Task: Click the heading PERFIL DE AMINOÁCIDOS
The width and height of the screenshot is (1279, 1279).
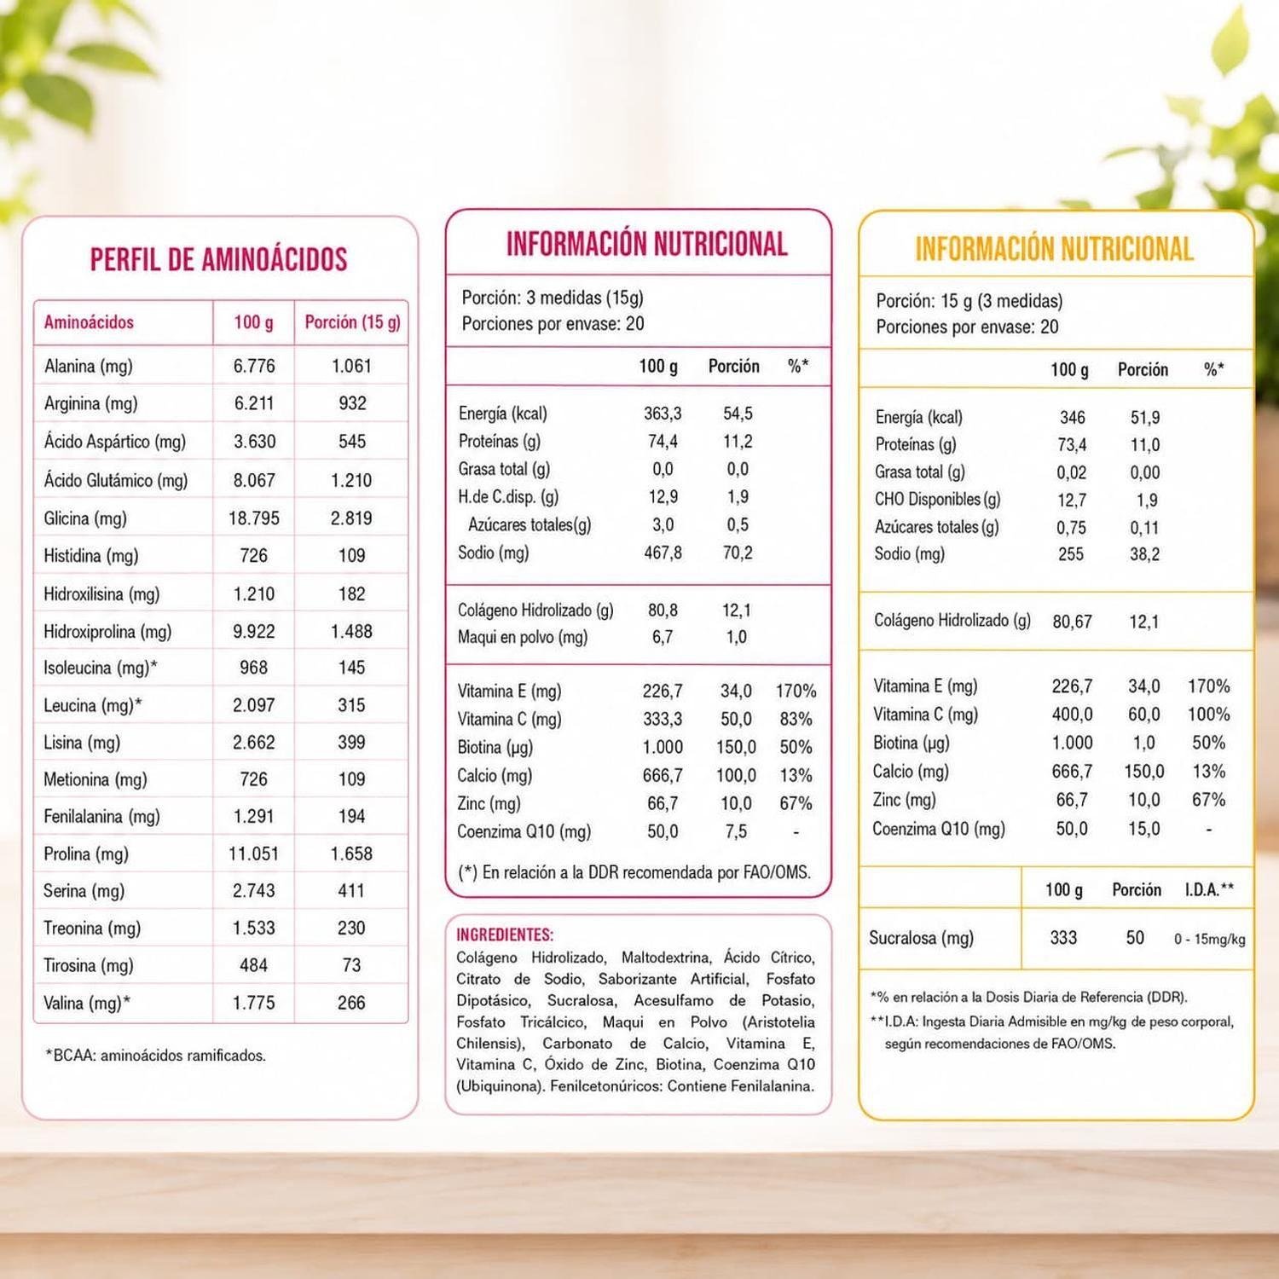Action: point(219,259)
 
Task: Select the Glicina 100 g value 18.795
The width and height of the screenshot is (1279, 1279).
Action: point(254,518)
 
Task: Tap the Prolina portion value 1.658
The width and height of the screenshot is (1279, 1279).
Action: point(351,854)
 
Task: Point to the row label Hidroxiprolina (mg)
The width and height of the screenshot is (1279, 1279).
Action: point(107,632)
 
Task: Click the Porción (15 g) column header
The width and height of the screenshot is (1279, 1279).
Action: point(352,322)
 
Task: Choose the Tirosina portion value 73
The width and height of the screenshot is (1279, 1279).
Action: point(351,965)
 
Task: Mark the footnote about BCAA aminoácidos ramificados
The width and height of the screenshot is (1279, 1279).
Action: point(155,1056)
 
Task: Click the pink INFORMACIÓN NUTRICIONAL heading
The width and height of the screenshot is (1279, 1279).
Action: point(646,244)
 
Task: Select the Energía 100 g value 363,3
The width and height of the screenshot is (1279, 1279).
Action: point(663,414)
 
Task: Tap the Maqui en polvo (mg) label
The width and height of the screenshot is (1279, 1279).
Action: point(522,637)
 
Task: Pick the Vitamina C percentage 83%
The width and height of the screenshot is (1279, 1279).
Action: point(796,719)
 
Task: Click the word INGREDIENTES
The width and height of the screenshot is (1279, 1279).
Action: point(505,935)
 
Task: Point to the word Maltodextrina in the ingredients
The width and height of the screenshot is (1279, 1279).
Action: point(665,958)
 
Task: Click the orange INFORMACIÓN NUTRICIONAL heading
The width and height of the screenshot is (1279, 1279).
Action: point(1054,249)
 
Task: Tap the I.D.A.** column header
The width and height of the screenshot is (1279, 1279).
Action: point(1209,890)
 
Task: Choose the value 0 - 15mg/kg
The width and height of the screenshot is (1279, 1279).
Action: point(1209,939)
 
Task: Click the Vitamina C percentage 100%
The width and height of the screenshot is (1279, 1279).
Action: point(1208,715)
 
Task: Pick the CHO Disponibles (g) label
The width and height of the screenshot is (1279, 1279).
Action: point(937,500)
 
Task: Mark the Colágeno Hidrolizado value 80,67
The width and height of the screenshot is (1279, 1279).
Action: point(1072,622)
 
